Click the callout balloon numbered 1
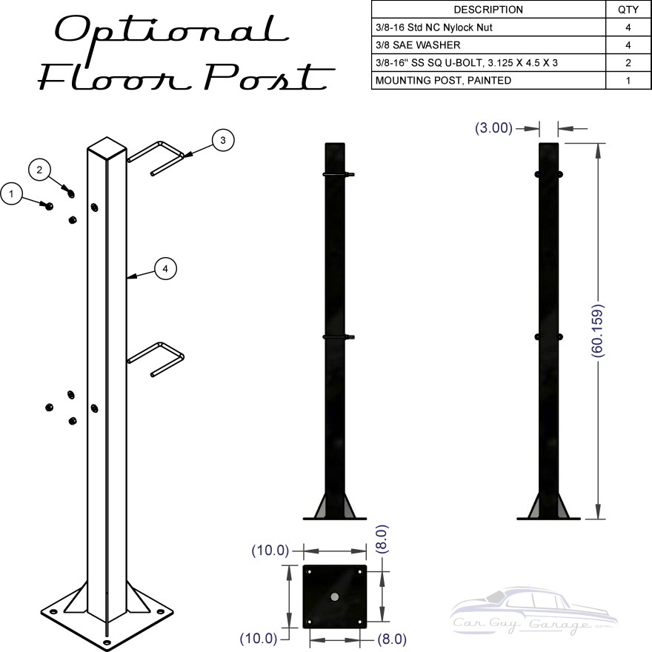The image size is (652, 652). [x=11, y=194]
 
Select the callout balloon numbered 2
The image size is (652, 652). [x=39, y=170]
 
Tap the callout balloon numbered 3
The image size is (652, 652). [x=223, y=140]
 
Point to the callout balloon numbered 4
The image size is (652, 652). [x=165, y=269]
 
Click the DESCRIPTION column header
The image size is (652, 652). [x=488, y=10]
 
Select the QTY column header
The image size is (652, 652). [x=628, y=10]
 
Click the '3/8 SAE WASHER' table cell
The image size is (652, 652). [x=418, y=45]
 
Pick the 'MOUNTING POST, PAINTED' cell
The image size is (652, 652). [x=443, y=80]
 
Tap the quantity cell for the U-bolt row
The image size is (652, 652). [x=628, y=63]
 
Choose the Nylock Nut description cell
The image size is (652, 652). [x=433, y=27]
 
